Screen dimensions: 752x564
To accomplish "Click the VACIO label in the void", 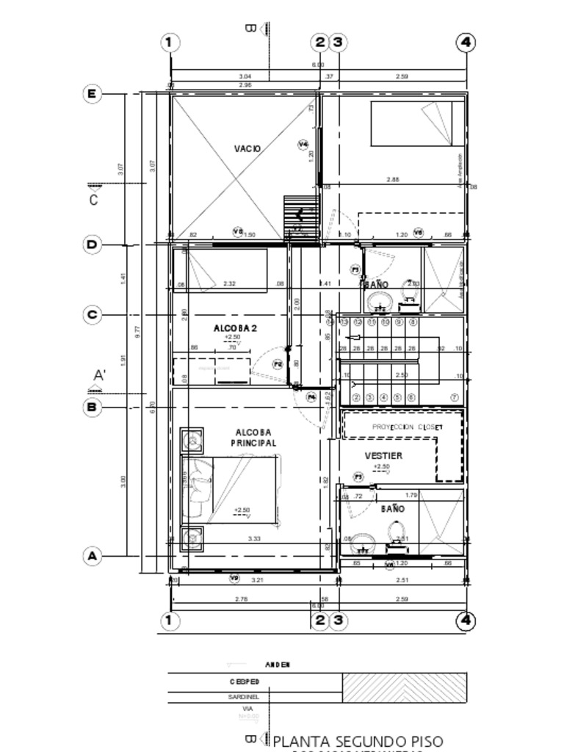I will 247,149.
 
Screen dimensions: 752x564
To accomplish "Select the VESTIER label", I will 383,456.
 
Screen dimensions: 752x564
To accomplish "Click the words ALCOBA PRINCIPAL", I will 253,438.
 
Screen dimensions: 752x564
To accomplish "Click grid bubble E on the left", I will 92,94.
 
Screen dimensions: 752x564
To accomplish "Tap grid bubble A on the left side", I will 92,556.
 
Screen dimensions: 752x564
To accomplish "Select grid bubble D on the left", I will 92,245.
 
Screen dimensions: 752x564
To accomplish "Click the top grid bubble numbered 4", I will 466,43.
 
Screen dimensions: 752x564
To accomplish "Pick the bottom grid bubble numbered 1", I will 169,621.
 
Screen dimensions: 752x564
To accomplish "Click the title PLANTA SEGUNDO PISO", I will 358,742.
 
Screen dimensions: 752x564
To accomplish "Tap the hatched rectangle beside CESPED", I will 404,688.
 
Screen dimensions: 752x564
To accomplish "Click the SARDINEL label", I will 243,697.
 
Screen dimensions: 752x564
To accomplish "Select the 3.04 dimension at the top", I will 245,76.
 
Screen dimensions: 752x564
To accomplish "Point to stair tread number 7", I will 455,397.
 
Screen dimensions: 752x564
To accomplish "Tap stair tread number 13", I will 344,322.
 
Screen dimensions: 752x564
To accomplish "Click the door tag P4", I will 311,397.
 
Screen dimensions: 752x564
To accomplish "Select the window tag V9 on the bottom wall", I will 235,578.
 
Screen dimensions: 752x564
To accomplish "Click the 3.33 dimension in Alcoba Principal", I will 254,539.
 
